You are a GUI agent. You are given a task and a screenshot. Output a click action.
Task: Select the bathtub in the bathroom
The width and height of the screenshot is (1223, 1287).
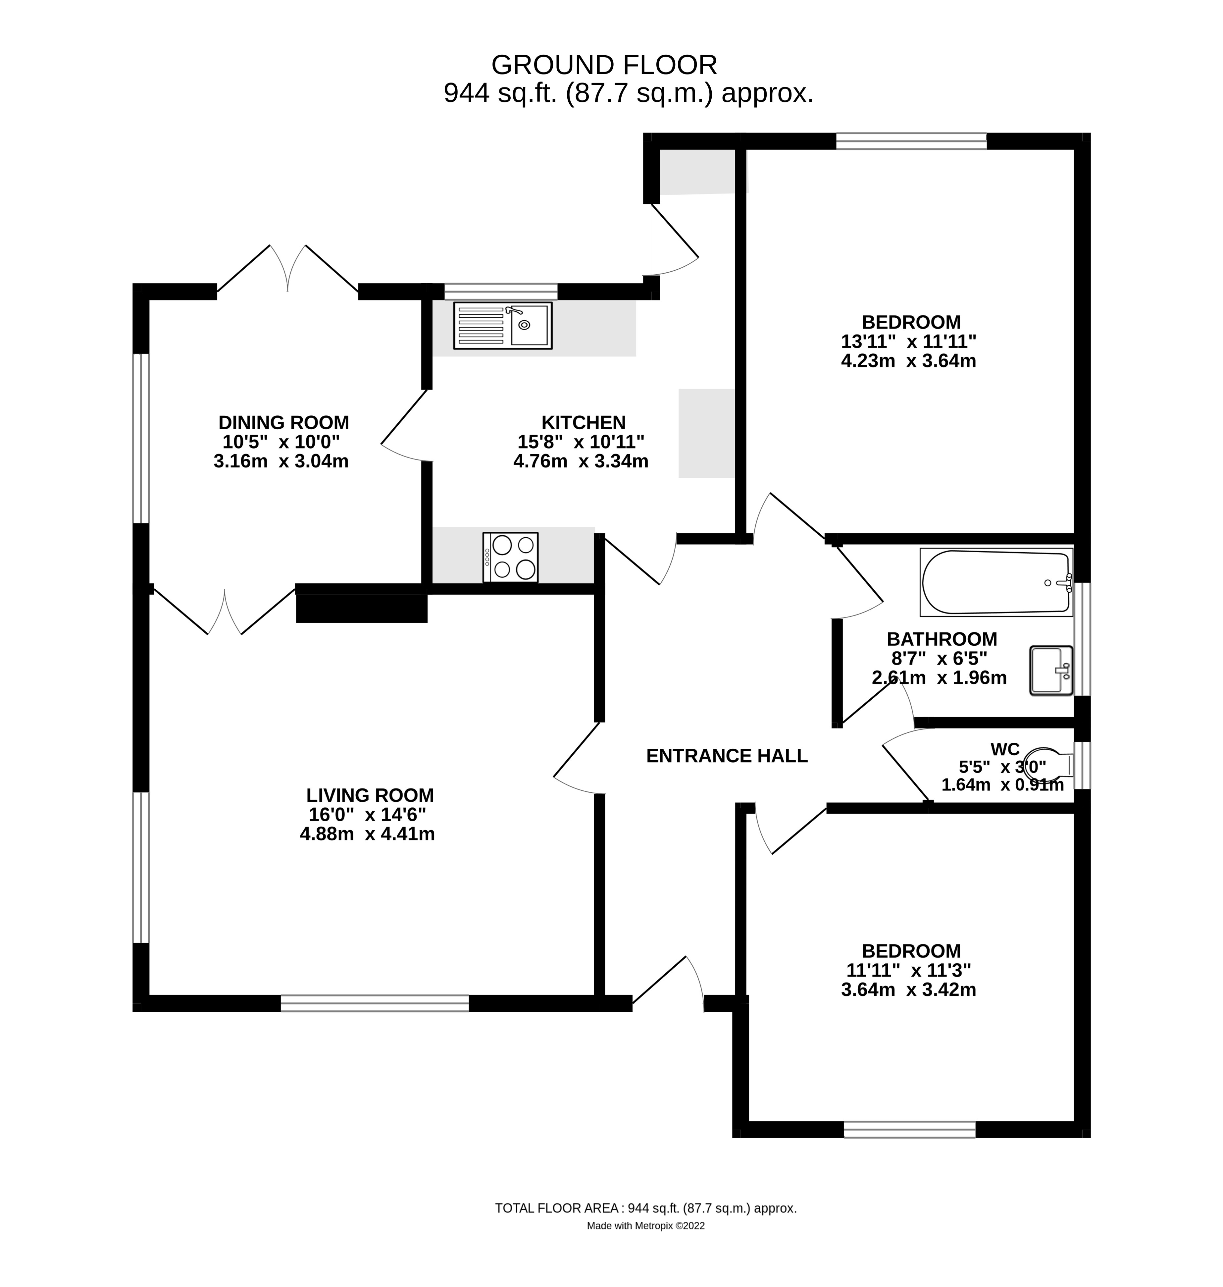(x=995, y=582)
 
